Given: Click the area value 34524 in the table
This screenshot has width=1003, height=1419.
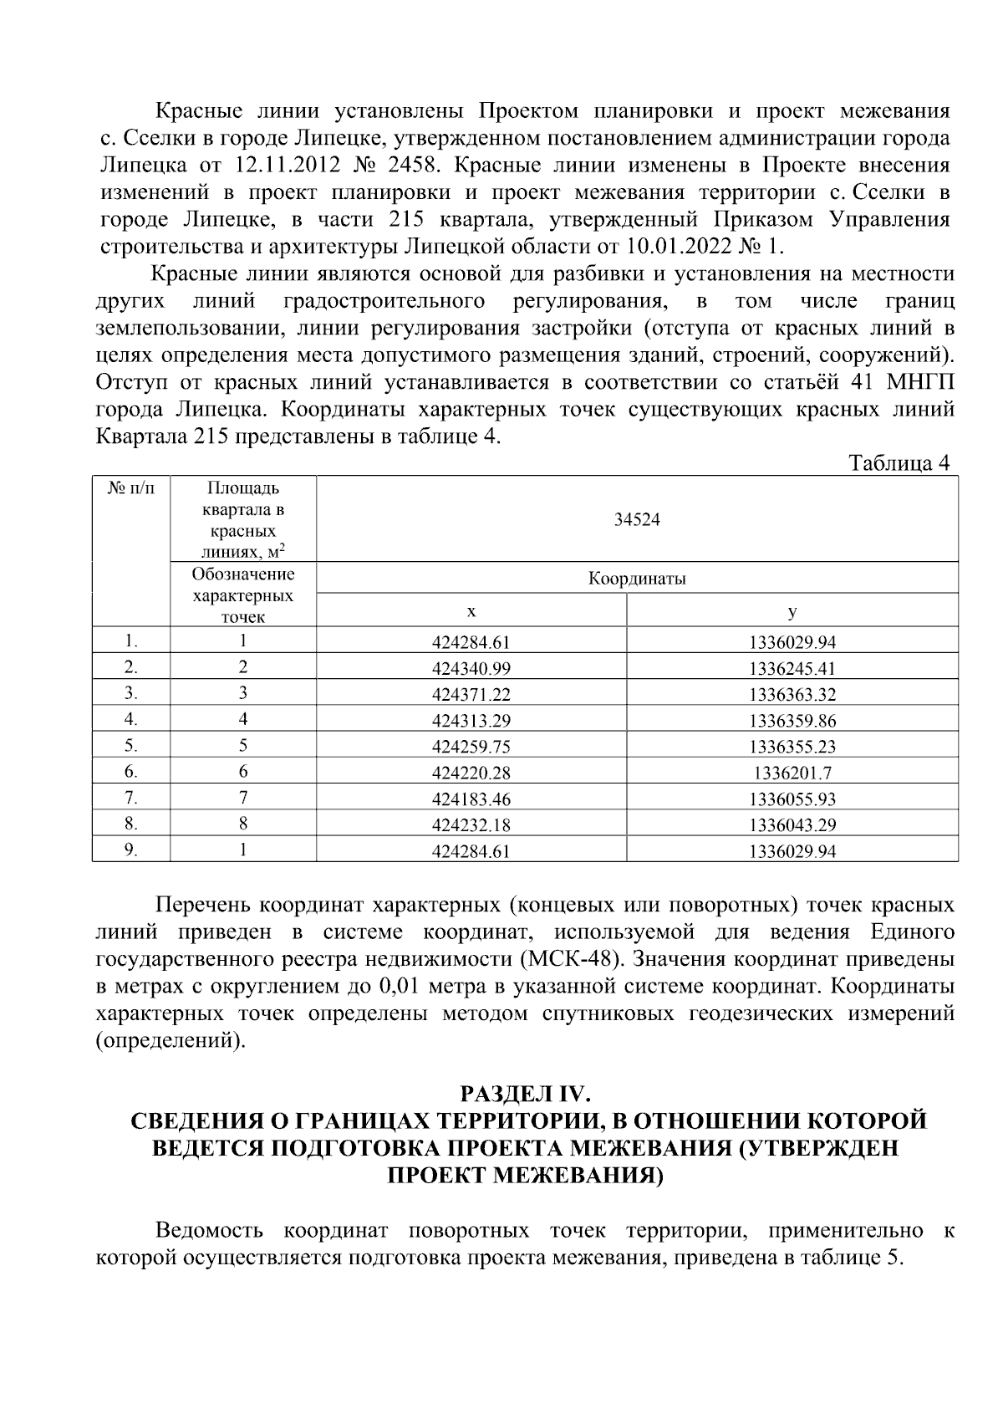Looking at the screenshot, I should [637, 520].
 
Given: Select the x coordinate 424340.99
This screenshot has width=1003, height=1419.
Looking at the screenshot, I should [471, 669].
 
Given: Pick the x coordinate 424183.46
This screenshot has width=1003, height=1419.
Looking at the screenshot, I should [471, 799].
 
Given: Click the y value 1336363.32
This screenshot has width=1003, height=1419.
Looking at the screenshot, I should [792, 695].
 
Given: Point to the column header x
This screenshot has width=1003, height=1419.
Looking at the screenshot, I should [471, 611].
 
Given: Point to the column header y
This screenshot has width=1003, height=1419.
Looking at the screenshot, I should [792, 611].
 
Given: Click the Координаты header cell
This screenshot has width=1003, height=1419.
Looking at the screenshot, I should [637, 579].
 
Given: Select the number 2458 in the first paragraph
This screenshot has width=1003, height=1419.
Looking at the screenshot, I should [414, 165].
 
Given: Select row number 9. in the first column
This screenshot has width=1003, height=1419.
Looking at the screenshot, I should [131, 850].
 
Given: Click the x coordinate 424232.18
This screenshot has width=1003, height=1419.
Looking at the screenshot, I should [471, 825].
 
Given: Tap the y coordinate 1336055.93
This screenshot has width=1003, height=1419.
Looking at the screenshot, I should [792, 799].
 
